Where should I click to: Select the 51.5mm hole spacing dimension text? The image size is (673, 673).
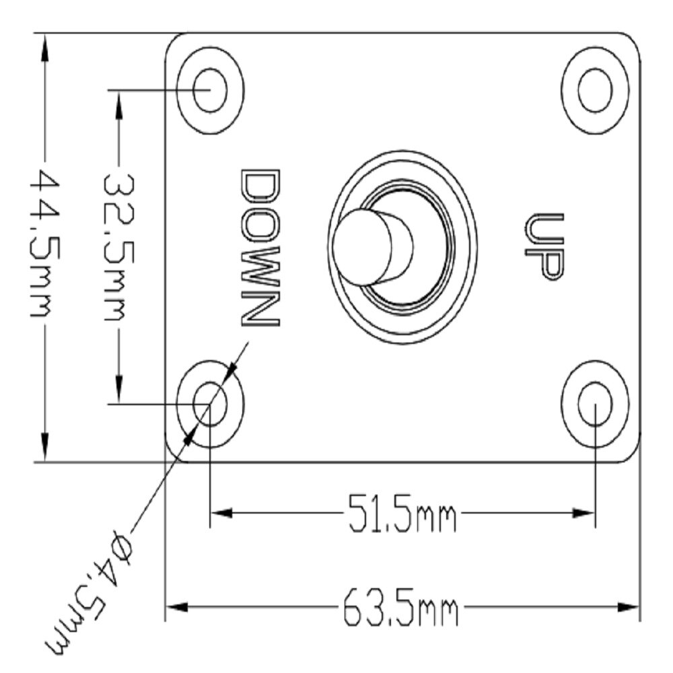(x=402, y=513)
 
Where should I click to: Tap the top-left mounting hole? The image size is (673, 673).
(x=210, y=90)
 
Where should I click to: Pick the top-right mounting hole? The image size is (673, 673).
(x=595, y=90)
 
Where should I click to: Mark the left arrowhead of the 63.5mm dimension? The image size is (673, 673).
(x=175, y=608)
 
